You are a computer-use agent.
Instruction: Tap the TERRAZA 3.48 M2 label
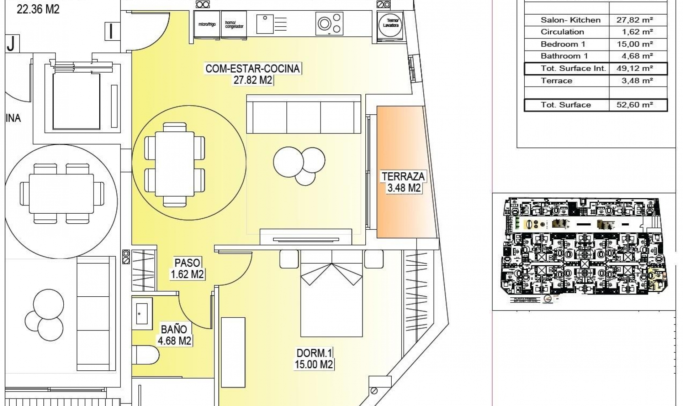403,182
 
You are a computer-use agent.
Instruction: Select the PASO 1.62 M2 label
187,269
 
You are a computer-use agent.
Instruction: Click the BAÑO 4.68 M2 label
174,335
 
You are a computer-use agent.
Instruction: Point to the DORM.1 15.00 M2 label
314,359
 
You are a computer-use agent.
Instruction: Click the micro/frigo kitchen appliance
207,24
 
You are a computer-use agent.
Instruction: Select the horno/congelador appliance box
234,24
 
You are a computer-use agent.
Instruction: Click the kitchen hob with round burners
329,24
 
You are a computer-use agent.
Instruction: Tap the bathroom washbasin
142,313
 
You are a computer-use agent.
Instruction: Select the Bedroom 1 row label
563,44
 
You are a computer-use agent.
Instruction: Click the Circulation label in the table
562,32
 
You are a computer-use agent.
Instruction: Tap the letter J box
12,44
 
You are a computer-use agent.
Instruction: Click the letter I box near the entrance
112,31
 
